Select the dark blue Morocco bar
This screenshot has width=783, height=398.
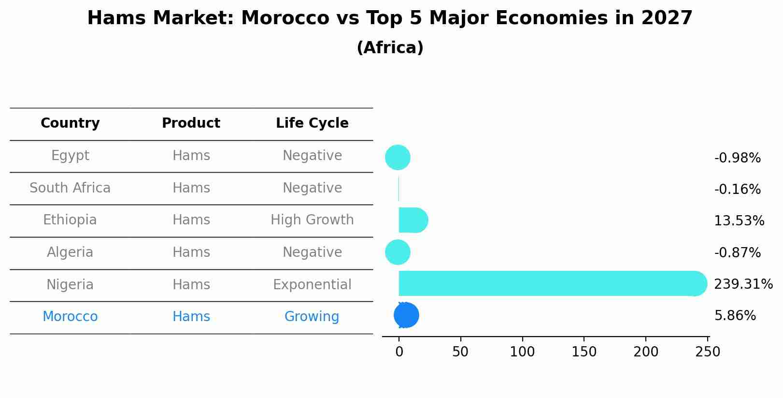tap(406, 315)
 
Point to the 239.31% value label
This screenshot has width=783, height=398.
tap(743, 284)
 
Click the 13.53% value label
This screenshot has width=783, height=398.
tap(739, 221)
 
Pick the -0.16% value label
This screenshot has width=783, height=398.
tap(737, 190)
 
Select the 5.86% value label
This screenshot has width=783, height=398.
tap(735, 316)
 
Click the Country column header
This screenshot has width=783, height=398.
tap(70, 123)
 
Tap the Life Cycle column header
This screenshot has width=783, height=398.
tap(312, 123)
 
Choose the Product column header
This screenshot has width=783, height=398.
tap(191, 123)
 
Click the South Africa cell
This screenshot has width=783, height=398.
tap(70, 188)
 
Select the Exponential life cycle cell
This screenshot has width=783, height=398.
tap(312, 285)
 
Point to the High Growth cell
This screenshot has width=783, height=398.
tap(312, 220)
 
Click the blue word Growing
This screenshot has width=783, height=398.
tap(312, 317)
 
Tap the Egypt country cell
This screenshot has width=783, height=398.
tap(70, 156)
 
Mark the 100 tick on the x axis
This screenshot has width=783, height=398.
tap(522, 352)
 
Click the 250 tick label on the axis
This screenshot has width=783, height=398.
tap(708, 352)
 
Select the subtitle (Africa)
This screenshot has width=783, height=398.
tap(390, 48)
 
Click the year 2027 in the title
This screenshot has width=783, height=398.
tap(667, 18)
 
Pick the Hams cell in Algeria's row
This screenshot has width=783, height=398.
tap(191, 252)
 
